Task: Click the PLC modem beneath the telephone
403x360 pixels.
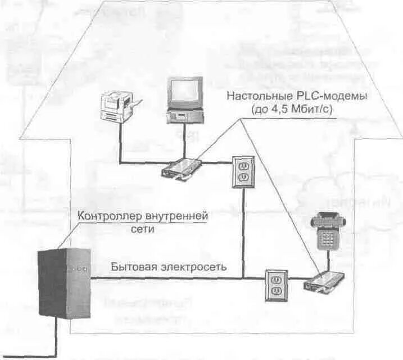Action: point(324,282)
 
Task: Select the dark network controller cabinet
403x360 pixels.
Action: point(62,281)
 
